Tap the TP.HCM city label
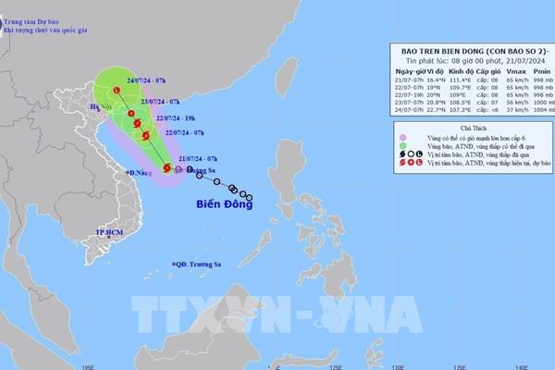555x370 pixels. (x=111, y=230)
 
